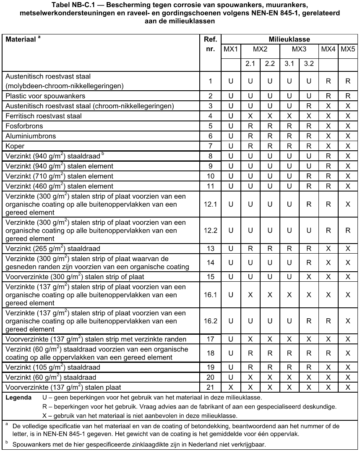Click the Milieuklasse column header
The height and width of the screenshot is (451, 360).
(x=289, y=39)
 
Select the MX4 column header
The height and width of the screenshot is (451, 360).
(x=328, y=49)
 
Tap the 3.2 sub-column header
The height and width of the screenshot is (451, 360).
(x=309, y=64)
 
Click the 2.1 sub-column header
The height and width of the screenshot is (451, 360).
(x=250, y=64)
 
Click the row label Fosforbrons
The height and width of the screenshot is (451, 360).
(x=24, y=126)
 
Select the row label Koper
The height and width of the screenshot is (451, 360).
(x=15, y=146)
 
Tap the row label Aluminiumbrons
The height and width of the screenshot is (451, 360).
(x=31, y=136)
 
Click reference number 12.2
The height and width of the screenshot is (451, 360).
(x=211, y=230)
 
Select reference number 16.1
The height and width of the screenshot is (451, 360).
(x=211, y=295)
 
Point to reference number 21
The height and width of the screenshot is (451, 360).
(x=211, y=387)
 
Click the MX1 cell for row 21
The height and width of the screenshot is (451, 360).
(x=231, y=387)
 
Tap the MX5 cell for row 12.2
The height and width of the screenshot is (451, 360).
(x=348, y=230)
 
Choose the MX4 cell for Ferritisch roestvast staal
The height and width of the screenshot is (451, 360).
(x=328, y=116)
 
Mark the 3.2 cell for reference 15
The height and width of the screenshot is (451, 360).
(x=309, y=277)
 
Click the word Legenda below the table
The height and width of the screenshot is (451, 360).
(x=18, y=397)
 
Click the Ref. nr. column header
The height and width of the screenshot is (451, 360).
(x=211, y=44)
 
